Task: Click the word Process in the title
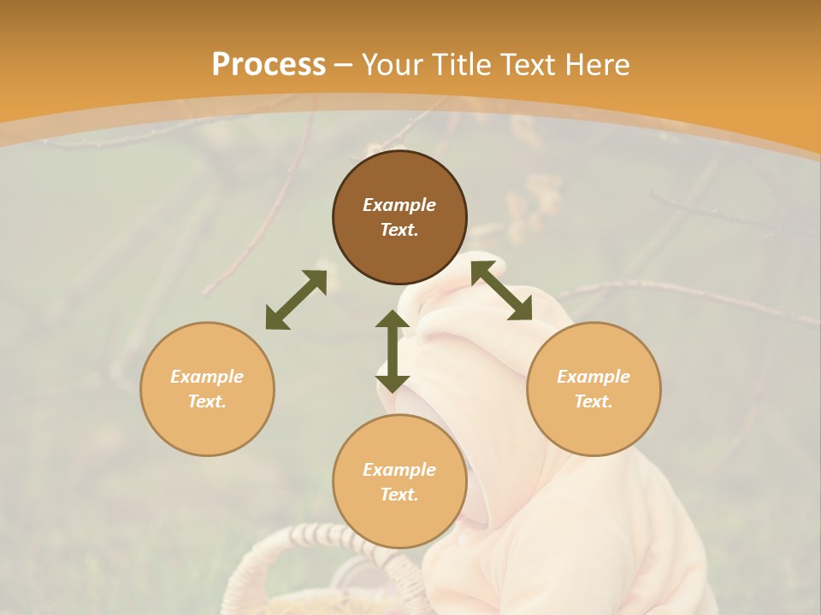[269, 65]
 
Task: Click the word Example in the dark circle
[399, 205]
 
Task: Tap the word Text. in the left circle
[207, 401]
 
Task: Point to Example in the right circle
[594, 377]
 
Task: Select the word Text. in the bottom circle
[399, 495]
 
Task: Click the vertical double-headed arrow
[393, 351]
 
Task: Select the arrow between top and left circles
[296, 300]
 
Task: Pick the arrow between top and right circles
[501, 290]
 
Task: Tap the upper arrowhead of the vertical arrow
[393, 319]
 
